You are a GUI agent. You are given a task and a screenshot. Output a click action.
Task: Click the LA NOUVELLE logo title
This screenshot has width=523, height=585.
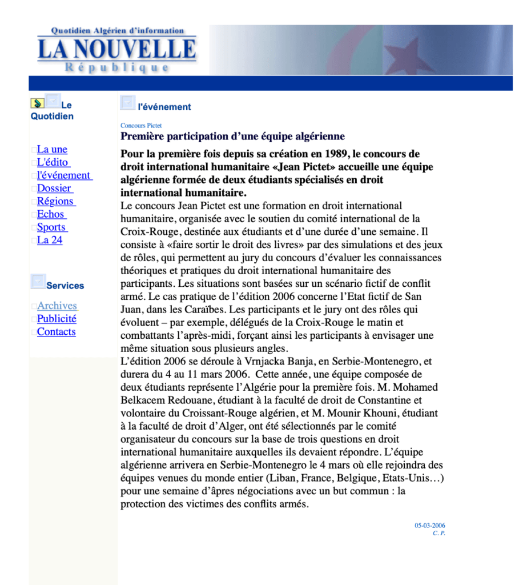pos(117,50)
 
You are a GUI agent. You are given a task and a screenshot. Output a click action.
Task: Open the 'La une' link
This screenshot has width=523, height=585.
pos(52,150)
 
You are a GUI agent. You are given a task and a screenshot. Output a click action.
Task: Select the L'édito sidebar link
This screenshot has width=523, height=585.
pos(53,163)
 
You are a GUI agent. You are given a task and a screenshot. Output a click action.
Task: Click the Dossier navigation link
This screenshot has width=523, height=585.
pos(55,189)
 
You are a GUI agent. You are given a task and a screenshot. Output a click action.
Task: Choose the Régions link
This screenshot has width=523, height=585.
pos(56,202)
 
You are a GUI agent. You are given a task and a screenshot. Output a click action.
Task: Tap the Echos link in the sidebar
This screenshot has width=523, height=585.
pos(51,215)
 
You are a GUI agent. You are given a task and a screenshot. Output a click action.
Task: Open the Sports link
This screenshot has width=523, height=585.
pos(52,227)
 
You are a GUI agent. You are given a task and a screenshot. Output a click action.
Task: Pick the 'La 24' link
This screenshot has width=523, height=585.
pos(50,241)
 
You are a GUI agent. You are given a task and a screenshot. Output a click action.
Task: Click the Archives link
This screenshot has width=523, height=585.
pos(57,306)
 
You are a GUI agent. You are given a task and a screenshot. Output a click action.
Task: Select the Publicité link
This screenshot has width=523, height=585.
pos(57,319)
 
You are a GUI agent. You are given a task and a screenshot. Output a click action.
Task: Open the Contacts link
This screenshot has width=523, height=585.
pos(57,332)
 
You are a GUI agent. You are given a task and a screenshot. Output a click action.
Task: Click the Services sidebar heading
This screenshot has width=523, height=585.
pos(65,286)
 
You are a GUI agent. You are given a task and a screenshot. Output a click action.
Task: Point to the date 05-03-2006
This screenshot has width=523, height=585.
pos(430,526)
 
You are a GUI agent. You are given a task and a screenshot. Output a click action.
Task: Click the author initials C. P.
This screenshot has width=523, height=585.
pos(438,533)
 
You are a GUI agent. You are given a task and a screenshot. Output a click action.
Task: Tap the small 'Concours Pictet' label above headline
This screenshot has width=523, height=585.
pos(141,126)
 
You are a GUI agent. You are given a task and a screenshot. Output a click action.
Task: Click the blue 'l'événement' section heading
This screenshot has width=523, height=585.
pos(164,107)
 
